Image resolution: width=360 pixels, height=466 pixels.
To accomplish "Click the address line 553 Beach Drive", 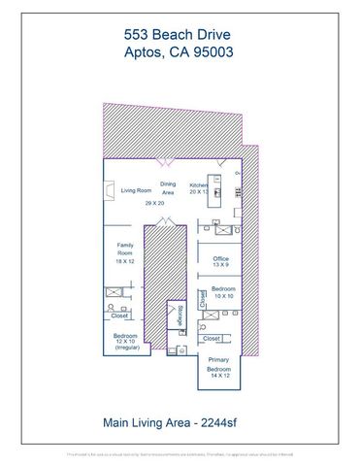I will click(x=180, y=32).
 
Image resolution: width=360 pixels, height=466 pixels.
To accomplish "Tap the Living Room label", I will click(x=136, y=191).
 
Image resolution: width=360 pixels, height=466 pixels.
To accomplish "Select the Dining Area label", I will click(x=168, y=188).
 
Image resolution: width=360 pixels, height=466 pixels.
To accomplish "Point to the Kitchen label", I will click(x=198, y=184).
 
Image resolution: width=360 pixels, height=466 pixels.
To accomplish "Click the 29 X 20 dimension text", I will click(x=154, y=204).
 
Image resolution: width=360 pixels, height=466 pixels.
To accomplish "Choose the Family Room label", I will click(x=125, y=250).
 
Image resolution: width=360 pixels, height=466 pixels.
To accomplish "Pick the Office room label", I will click(x=220, y=257).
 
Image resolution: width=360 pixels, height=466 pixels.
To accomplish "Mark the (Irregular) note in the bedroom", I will click(x=126, y=349).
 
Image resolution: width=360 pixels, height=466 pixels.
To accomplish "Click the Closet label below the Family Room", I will click(x=119, y=316).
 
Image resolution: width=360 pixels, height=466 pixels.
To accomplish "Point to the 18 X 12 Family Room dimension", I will click(x=125, y=262).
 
